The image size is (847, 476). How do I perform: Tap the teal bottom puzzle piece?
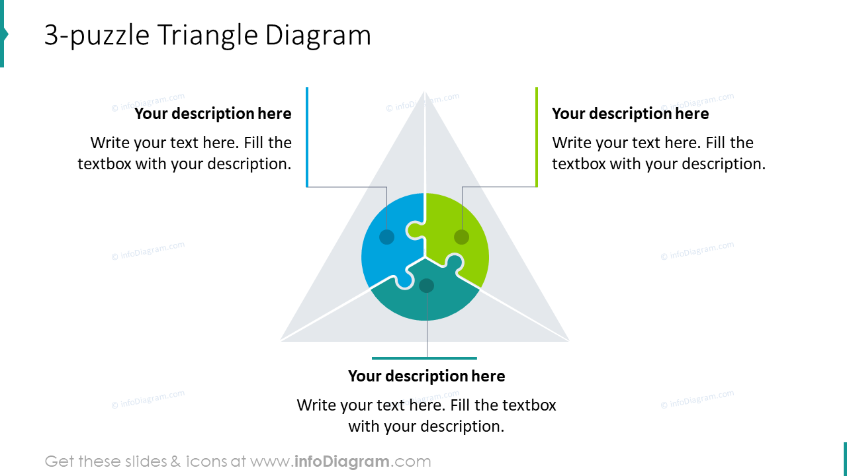pyautogui.click(x=427, y=301)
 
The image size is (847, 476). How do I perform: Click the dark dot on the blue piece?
pyautogui.click(x=387, y=237)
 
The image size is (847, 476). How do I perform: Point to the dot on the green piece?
pyautogui.click(x=462, y=237)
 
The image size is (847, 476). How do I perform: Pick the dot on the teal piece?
pyautogui.click(x=427, y=286)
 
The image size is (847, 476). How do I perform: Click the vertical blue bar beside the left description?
pyautogui.click(x=307, y=137)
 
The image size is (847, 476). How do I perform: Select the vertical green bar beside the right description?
pyautogui.click(x=537, y=137)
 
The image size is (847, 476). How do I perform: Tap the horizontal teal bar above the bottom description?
pyautogui.click(x=424, y=358)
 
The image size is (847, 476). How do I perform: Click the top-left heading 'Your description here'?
pyautogui.click(x=213, y=114)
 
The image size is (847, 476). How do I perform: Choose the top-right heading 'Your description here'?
pyautogui.click(x=630, y=114)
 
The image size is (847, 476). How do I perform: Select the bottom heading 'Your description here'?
pyautogui.click(x=427, y=376)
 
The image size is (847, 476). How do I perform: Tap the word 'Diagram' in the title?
pyautogui.click(x=318, y=36)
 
